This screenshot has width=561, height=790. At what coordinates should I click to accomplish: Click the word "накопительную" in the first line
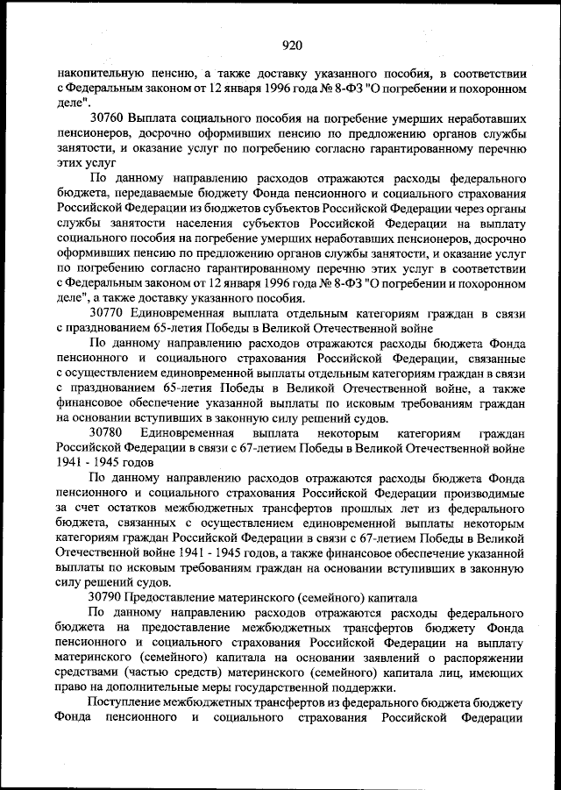pyautogui.click(x=94, y=69)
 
